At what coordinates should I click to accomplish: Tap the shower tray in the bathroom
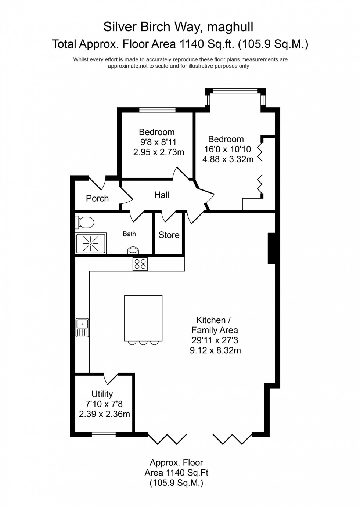click(90, 243)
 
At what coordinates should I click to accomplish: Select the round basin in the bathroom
click(133, 251)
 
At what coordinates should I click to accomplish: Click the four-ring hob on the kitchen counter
click(140, 264)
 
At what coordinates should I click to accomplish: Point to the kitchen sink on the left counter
click(82, 327)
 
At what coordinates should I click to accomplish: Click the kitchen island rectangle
click(143, 318)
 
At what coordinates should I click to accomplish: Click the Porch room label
click(97, 199)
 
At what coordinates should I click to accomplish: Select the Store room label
click(169, 235)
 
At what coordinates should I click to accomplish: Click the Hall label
click(162, 195)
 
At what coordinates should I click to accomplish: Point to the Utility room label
click(102, 394)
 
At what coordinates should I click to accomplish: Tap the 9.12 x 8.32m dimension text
click(215, 350)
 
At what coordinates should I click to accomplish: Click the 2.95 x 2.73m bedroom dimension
click(159, 152)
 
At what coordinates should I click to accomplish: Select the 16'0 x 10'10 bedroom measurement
click(228, 149)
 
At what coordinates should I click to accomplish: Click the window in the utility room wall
click(104, 434)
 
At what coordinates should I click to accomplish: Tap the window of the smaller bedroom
click(157, 109)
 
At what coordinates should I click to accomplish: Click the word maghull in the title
click(230, 27)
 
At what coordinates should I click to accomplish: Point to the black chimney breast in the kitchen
click(271, 248)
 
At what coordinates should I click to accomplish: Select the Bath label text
click(129, 234)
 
